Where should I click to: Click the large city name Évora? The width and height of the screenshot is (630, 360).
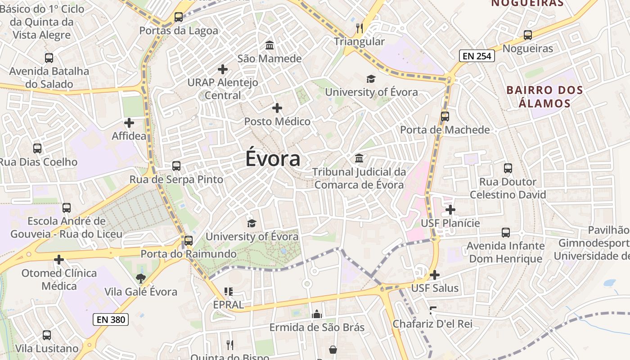(x=273, y=159)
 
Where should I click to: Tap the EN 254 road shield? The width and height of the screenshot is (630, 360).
(x=477, y=56)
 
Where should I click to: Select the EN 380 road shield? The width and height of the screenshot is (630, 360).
(x=111, y=320)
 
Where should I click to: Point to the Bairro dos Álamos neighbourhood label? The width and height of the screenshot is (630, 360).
(x=544, y=97)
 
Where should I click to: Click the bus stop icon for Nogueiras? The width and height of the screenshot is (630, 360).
(x=528, y=35)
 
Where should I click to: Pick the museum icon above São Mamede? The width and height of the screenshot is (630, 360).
(x=270, y=45)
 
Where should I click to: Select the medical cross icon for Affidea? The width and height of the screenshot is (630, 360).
(x=129, y=122)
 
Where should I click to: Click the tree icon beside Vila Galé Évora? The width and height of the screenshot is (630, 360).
(x=141, y=279)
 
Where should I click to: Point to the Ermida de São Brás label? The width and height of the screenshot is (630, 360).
(x=317, y=327)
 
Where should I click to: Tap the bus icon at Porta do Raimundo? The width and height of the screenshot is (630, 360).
(x=189, y=241)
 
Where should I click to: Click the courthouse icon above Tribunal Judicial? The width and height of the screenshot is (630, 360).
(x=359, y=158)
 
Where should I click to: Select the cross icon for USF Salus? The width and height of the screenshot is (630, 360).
(x=435, y=275)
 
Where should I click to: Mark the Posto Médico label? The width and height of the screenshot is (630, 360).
(x=277, y=121)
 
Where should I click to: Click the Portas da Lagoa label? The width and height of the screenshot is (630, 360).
(x=179, y=31)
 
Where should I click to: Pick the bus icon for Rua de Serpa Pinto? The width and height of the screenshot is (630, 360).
(x=176, y=166)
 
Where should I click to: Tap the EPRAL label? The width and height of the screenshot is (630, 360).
(x=229, y=305)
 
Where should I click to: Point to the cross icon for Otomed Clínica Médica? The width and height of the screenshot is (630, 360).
(x=59, y=260)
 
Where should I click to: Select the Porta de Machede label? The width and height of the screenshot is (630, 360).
(x=445, y=130)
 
